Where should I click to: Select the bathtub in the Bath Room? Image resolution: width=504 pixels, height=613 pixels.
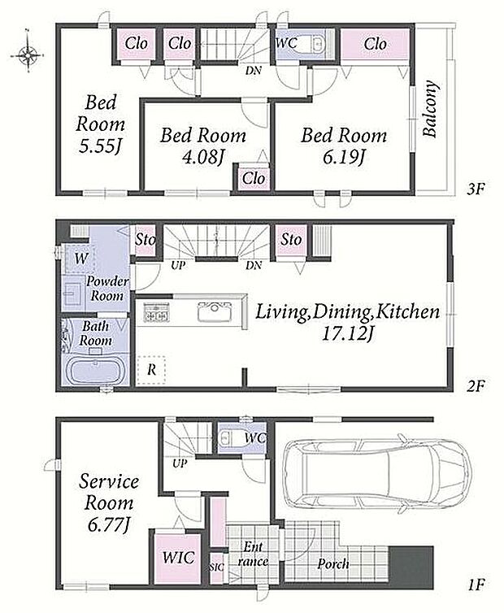(95, 369)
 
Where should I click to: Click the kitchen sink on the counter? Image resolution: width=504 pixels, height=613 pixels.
(215, 311)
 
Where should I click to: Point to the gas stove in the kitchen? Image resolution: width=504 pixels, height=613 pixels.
(155, 312)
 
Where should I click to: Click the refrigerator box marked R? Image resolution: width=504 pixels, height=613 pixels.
(151, 369)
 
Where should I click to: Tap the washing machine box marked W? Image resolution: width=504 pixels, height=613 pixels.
(80, 258)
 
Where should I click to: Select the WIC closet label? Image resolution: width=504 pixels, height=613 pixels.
(178, 557)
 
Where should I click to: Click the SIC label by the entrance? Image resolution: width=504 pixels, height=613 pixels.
(216, 567)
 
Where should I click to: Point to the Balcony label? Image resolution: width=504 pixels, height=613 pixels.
(430, 109)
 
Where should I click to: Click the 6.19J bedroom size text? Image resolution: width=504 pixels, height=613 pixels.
(343, 157)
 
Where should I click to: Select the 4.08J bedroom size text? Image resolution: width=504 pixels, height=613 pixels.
(202, 157)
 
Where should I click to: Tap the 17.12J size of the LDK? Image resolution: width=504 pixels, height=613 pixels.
(347, 334)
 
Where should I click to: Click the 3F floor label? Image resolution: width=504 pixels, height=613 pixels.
(476, 189)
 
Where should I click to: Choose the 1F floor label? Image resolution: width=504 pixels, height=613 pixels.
(476, 585)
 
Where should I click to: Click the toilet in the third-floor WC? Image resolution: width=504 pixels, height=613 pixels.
(315, 44)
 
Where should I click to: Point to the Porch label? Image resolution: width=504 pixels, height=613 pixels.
(332, 563)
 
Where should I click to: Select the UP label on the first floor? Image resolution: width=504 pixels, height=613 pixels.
(180, 463)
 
